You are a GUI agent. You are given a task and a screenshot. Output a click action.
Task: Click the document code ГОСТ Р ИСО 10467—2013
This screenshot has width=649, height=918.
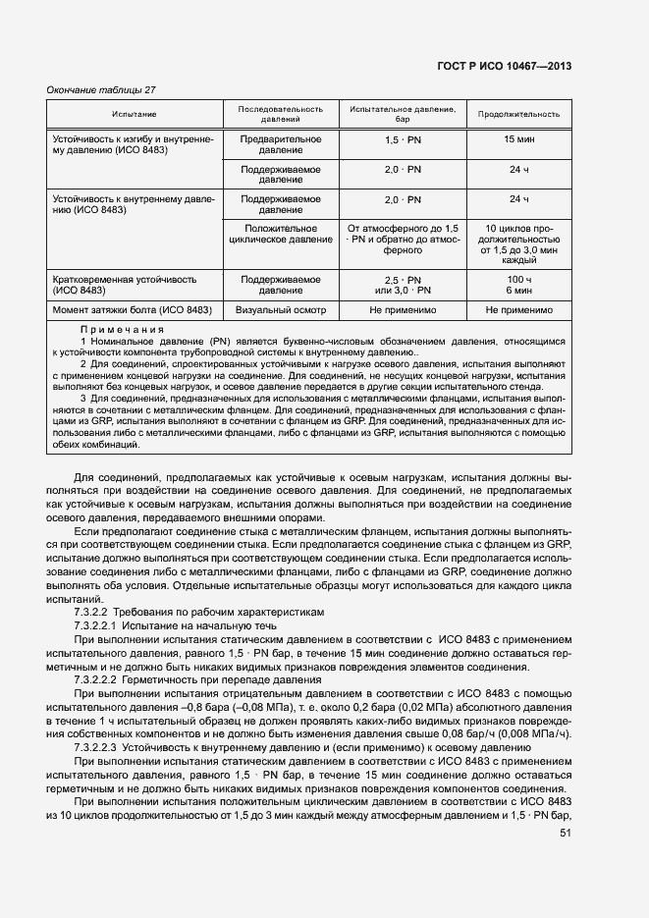504,66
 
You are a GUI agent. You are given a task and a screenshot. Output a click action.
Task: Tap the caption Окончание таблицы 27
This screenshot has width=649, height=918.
101,90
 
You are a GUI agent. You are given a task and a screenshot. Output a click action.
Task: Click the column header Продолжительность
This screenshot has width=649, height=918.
518,113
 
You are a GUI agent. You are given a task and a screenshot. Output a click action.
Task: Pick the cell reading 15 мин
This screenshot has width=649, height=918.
518,139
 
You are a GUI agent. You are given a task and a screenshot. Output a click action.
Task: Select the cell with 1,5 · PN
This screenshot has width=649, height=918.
403,139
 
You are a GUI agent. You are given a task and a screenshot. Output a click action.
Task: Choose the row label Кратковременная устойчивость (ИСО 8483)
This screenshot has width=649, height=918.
116,285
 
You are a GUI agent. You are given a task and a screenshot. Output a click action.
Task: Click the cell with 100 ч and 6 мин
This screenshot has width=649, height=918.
518,285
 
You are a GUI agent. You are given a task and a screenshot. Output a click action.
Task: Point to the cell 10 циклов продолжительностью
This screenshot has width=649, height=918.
518,243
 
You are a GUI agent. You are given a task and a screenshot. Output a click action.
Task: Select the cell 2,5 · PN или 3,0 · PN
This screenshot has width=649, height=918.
403,285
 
